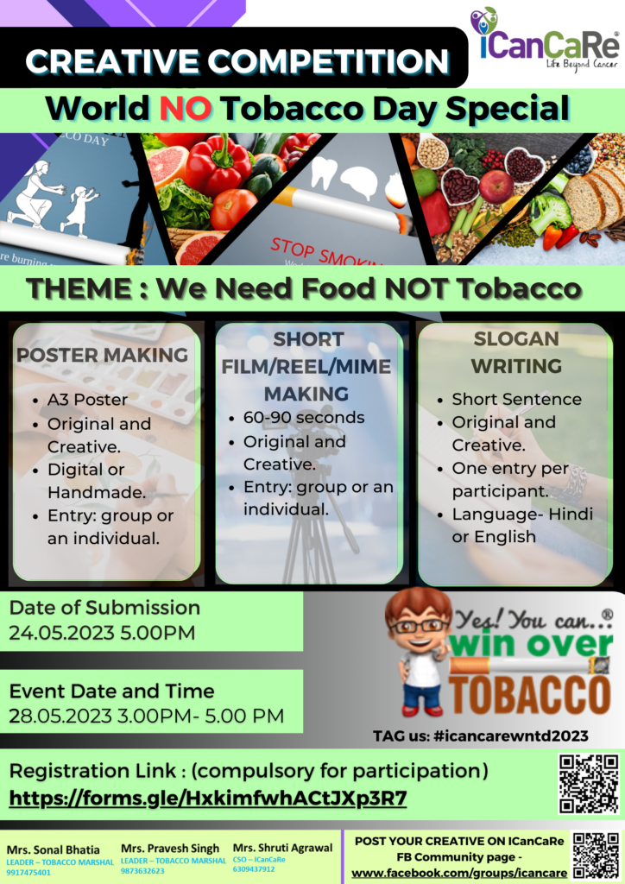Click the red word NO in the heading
(x=186, y=108)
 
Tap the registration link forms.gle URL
(x=208, y=799)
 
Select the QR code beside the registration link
(x=589, y=784)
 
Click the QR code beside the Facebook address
(x=596, y=856)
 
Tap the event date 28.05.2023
(x=60, y=716)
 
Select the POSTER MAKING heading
(x=102, y=355)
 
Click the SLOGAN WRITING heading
(x=516, y=352)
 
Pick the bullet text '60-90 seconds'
(x=304, y=418)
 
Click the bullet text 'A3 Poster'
(x=87, y=400)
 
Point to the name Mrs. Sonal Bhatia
(x=53, y=849)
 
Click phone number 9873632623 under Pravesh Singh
(x=142, y=871)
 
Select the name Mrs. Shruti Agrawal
(x=283, y=848)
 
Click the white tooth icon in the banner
(x=324, y=173)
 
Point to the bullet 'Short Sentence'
(x=517, y=399)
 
